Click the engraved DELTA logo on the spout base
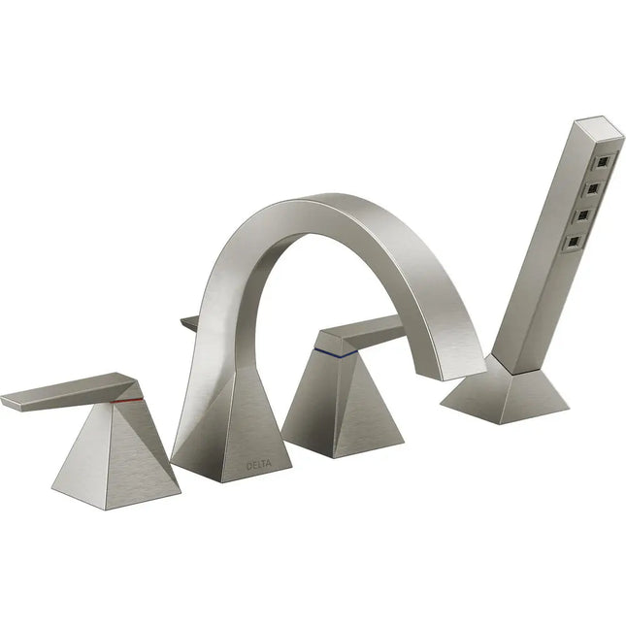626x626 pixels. [x=259, y=465]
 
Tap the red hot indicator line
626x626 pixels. [x=126, y=398]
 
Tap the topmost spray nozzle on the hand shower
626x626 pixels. [x=605, y=157]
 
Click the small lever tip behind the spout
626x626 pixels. [x=189, y=323]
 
